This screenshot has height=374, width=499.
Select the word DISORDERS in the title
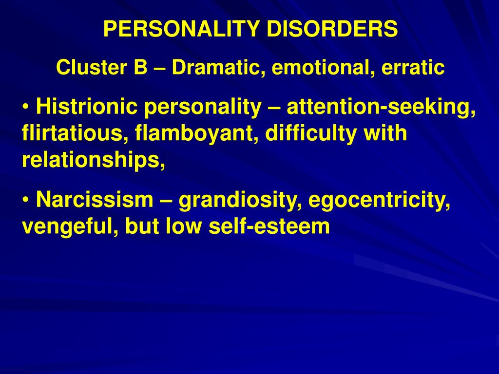(x=332, y=29)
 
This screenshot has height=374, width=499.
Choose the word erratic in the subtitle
(x=413, y=68)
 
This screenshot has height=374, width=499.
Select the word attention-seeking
(x=381, y=107)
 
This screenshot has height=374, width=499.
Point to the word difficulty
(x=311, y=133)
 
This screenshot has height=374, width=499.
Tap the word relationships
(x=94, y=160)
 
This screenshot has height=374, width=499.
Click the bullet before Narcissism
(x=26, y=200)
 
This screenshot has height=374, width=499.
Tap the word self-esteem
(x=269, y=226)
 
